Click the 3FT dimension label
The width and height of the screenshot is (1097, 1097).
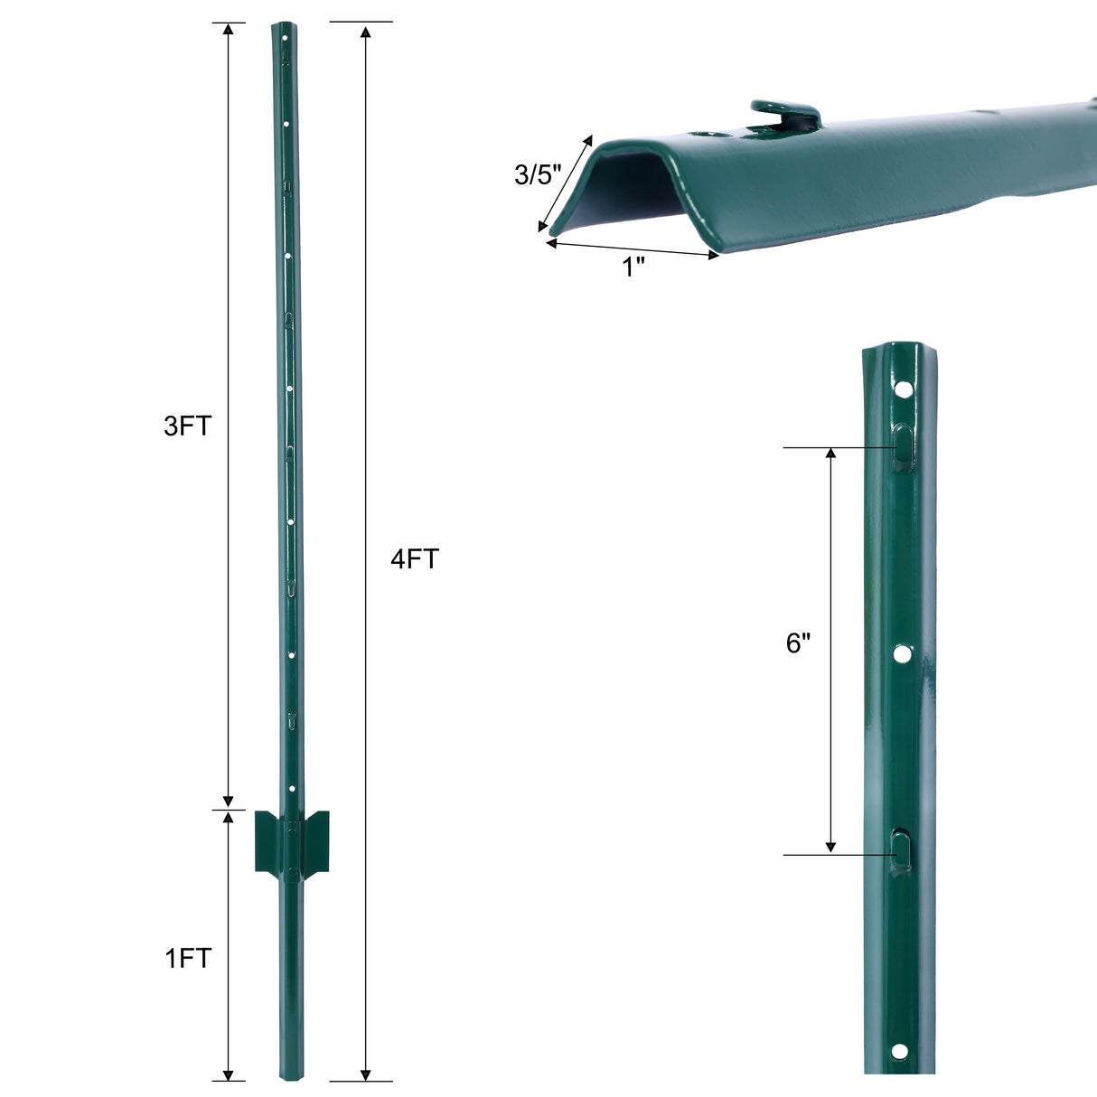[187, 426]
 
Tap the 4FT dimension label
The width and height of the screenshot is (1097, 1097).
[414, 559]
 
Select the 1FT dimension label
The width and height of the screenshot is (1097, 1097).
[187, 958]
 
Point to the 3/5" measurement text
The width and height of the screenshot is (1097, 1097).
[538, 174]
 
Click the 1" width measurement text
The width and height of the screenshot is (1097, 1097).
[633, 267]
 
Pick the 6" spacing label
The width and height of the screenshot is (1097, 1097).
[798, 643]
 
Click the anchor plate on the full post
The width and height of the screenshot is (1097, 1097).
[292, 841]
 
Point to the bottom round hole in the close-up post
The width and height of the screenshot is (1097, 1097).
[898, 1050]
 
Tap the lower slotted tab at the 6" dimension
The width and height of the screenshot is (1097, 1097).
[902, 849]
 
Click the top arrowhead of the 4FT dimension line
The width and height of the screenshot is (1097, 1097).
[365, 33]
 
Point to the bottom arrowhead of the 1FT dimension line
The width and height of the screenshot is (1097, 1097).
[229, 1073]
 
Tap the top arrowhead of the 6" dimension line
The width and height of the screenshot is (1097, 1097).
[830, 454]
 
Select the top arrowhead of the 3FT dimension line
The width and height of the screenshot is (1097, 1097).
[229, 30]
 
